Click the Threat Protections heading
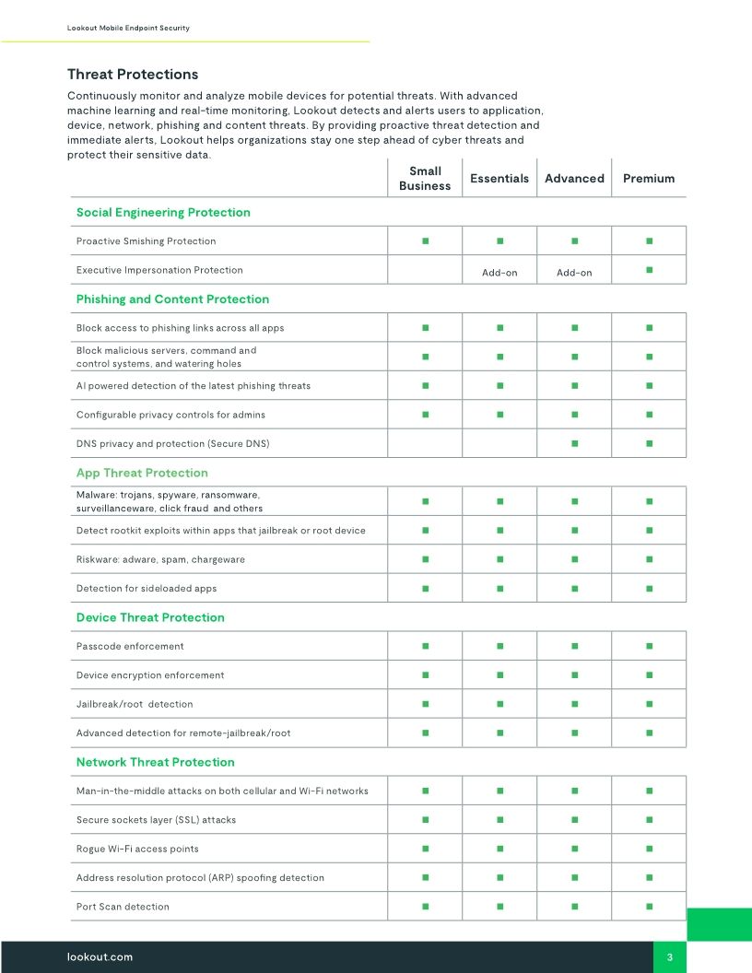133,75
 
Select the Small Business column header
425,179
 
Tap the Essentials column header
499,179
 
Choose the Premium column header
649,179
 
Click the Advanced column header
574,179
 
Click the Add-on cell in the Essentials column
499,273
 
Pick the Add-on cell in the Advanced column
574,273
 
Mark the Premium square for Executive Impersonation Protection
650,270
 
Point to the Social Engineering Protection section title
163,213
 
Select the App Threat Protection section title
142,473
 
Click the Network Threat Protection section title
155,762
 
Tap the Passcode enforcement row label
130,646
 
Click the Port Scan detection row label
123,907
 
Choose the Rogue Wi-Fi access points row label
137,849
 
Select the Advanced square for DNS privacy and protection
574,443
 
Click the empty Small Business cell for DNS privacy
425,443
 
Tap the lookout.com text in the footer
100,956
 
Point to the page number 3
670,957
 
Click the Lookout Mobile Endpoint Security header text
128,29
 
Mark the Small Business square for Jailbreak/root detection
425,704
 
